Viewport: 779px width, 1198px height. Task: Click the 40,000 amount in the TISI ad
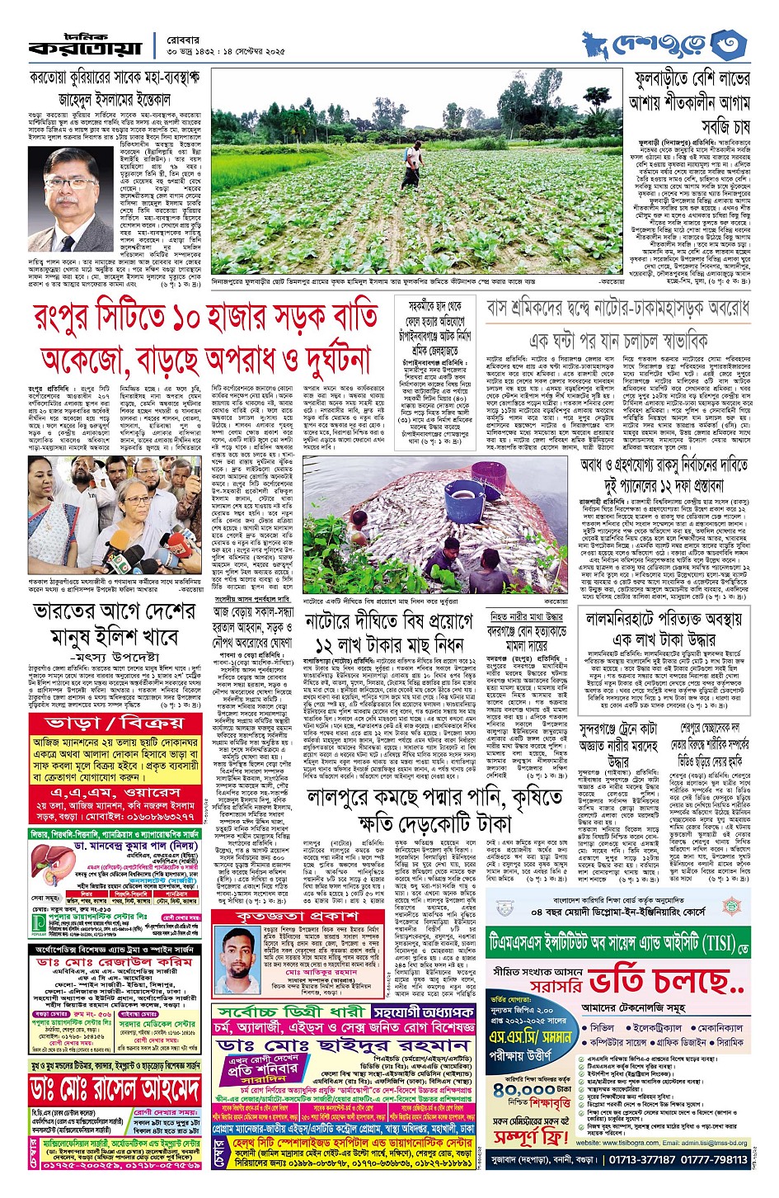click(528, 1090)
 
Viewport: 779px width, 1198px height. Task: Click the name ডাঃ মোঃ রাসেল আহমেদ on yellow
click(116, 1090)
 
